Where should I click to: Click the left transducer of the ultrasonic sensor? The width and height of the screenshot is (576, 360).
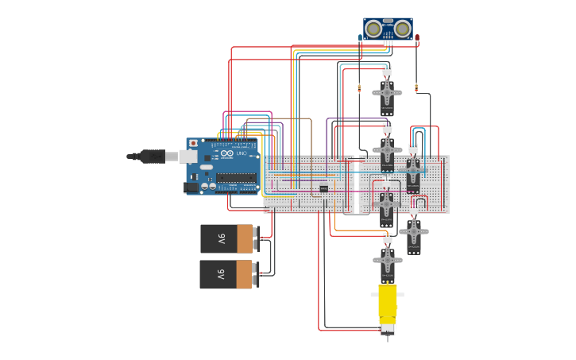click(x=373, y=29)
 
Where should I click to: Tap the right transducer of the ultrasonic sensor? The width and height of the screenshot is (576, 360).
click(x=403, y=29)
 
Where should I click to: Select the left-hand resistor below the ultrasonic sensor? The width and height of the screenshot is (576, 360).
click(x=359, y=87)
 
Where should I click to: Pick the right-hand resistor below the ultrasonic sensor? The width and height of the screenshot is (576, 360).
click(x=416, y=87)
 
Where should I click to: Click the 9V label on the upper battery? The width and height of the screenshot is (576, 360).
click(x=222, y=238)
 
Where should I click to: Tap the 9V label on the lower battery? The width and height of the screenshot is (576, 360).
click(x=222, y=274)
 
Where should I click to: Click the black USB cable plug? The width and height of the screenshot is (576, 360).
click(x=151, y=157)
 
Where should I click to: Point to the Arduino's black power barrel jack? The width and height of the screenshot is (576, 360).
click(x=191, y=188)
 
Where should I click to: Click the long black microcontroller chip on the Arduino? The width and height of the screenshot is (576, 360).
click(x=236, y=177)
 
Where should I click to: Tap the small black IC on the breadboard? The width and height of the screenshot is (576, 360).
click(x=323, y=188)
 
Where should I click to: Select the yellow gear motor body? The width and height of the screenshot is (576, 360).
click(x=387, y=302)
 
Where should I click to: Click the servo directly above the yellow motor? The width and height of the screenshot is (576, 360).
click(x=387, y=260)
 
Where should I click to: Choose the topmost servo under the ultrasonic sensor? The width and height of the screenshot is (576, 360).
click(x=387, y=93)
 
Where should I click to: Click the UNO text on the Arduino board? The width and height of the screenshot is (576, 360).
click(x=242, y=153)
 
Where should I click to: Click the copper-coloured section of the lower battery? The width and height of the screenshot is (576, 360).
click(x=244, y=274)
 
